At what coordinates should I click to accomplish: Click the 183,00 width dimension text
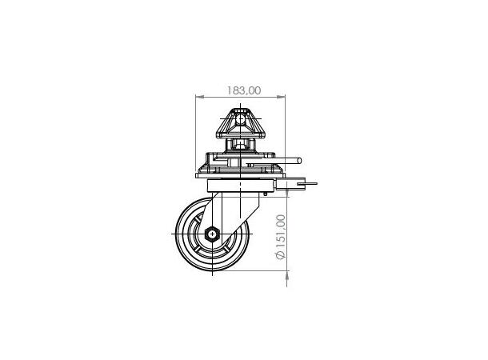coord(244,90)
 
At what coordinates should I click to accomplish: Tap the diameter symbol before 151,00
coord(281,255)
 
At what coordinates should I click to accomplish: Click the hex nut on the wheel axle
coord(212,234)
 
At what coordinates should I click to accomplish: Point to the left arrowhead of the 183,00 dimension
coord(199,97)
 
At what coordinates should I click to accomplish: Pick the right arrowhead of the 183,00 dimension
coord(281,97)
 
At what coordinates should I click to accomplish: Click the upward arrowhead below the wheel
coord(287,275)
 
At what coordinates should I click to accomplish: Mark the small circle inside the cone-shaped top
coord(240,119)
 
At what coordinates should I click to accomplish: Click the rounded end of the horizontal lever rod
coord(299,161)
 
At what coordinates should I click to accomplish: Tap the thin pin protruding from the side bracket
coord(307,183)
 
